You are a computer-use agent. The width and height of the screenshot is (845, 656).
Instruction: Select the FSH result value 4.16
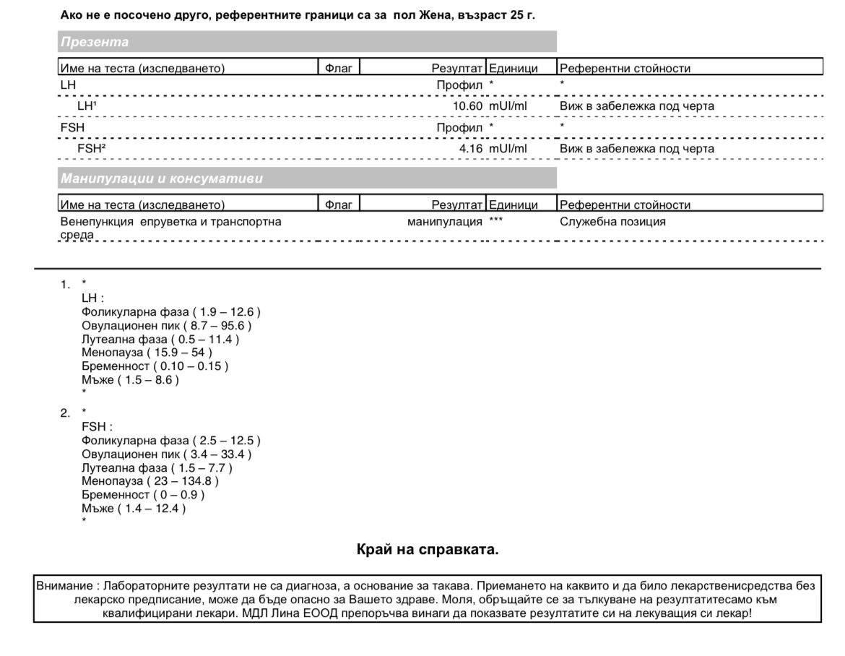click(470, 149)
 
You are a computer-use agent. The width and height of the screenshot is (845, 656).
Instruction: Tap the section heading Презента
click(95, 42)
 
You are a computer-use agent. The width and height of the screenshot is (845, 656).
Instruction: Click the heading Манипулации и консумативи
click(162, 178)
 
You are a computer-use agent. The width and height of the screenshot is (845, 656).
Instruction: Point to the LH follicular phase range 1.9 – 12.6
click(226, 312)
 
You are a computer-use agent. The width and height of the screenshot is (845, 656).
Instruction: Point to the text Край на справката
click(428, 550)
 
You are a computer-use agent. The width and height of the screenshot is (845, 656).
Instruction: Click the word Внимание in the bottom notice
click(64, 586)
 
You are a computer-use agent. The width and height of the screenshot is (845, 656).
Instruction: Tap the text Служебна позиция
click(612, 222)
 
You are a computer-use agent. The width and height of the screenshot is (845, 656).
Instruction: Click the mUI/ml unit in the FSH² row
click(508, 149)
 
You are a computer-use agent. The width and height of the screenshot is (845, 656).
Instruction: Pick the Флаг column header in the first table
click(339, 69)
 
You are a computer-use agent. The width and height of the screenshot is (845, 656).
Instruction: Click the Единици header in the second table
click(513, 205)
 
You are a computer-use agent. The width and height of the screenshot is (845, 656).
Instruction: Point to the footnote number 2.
click(65, 413)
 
